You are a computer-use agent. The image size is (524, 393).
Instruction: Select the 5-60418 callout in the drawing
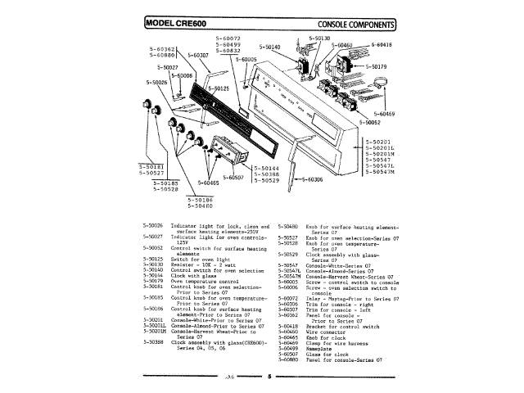[381, 45]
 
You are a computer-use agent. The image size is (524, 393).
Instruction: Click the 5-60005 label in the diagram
[246, 60]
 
